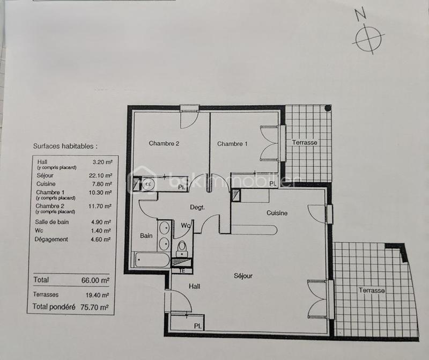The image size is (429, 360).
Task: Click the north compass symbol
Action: tap(369, 38)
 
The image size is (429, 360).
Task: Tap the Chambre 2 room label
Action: tap(164, 143)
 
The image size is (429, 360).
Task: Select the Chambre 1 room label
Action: tap(232, 144)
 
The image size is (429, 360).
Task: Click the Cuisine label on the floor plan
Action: tap(277, 213)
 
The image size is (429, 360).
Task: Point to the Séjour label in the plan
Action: tap(243, 276)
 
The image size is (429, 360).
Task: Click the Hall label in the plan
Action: tap(194, 287)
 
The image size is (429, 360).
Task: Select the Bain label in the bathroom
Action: tap(146, 235)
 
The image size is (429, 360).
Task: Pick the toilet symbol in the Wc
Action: tap(182, 247)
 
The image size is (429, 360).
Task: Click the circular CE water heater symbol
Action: tap(149, 184)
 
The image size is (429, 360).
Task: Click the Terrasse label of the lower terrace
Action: tap(372, 290)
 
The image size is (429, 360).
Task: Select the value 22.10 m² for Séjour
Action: tap(100, 175)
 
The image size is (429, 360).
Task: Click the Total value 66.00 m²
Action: tap(98, 280)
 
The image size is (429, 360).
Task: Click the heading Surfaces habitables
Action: tap(65, 145)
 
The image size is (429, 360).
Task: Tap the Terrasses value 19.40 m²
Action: tap(98, 295)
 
